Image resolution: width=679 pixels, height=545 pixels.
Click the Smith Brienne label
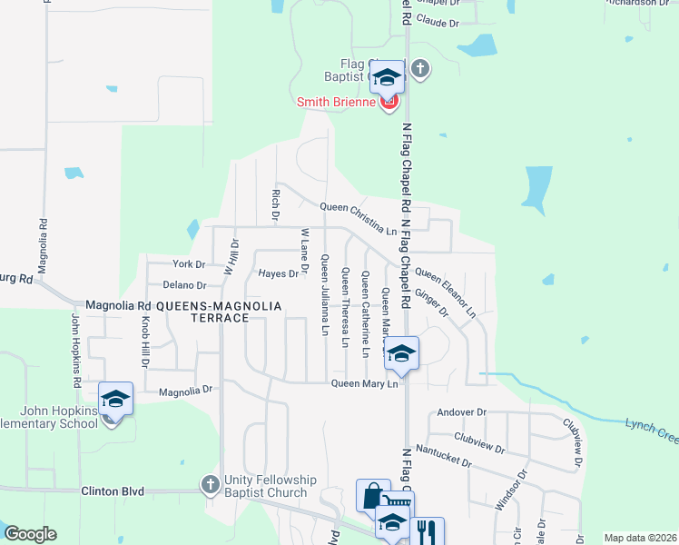coord(337,103)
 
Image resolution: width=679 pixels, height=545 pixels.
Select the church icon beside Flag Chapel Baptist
coord(419,69)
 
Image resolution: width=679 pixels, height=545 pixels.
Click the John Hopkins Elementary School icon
coord(115,399)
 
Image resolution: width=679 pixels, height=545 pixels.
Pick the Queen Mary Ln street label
coord(365,384)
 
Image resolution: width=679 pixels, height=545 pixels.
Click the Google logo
coord(30,534)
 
